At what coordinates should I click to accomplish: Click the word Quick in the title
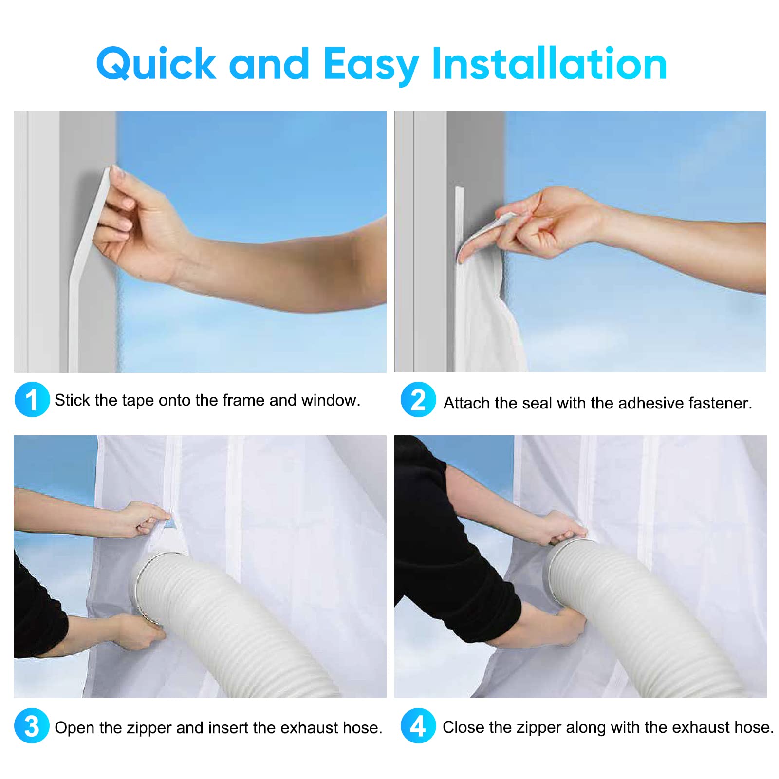tap(156, 64)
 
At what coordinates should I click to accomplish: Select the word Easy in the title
tap(371, 67)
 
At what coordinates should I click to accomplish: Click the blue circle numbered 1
tap(32, 400)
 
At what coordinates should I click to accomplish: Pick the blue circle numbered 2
tap(418, 400)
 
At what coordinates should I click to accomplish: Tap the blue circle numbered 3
tap(32, 726)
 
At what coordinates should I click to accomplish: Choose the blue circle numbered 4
tap(418, 726)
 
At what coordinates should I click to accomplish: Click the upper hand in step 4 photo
tap(560, 528)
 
